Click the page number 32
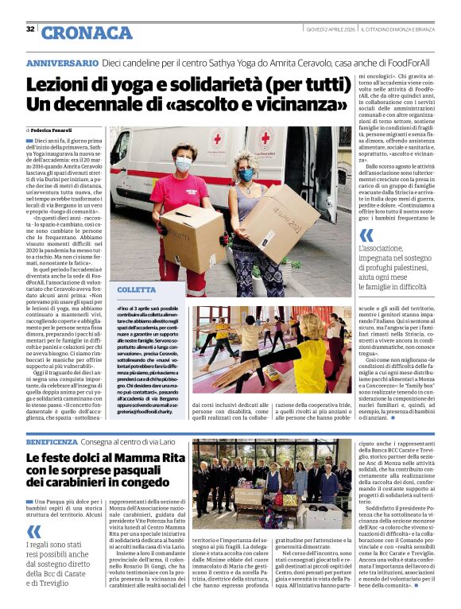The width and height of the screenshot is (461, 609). click(30, 29)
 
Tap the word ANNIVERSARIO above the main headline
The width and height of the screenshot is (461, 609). click(62, 62)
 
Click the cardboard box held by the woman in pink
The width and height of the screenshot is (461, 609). click(192, 238)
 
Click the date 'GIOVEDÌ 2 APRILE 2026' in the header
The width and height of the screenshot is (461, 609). click(331, 29)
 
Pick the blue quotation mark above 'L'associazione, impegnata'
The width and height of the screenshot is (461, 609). click(366, 235)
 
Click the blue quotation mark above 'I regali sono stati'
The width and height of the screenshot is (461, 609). click(33, 530)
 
